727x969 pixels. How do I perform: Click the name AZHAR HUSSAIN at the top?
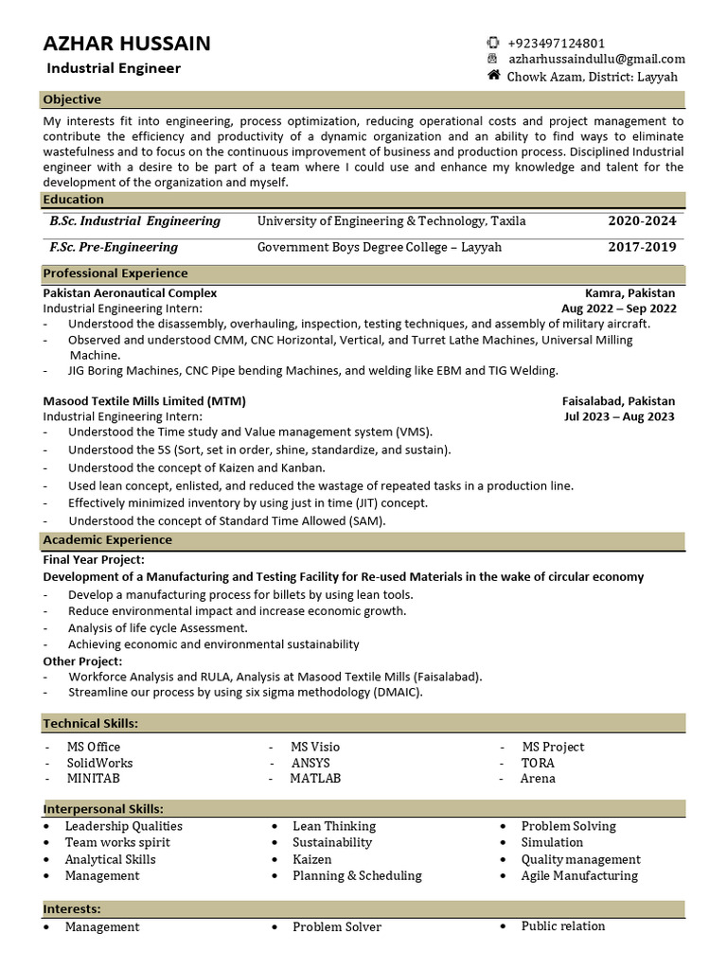(x=127, y=43)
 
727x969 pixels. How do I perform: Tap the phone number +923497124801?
(x=556, y=43)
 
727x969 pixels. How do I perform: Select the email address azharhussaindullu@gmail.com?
(x=595, y=59)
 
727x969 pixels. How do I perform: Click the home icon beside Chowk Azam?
(x=493, y=75)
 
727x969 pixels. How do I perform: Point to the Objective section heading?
(x=72, y=99)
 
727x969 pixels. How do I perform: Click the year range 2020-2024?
(x=642, y=220)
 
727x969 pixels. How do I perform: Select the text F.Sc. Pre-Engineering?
(x=114, y=247)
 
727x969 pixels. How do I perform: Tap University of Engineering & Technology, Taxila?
(x=391, y=220)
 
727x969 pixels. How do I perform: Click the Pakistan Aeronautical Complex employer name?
(x=130, y=293)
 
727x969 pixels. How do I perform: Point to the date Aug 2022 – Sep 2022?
(x=619, y=308)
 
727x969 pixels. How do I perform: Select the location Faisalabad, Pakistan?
(x=618, y=401)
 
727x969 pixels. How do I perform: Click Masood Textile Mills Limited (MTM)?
(x=145, y=401)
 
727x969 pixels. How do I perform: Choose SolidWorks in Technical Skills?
(x=99, y=763)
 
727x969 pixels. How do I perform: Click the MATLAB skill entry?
(x=315, y=778)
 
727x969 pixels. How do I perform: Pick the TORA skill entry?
(x=538, y=763)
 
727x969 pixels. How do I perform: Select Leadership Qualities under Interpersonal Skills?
(x=123, y=826)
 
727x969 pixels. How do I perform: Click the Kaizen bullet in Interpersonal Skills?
(x=311, y=859)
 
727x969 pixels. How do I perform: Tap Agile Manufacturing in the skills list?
(x=578, y=875)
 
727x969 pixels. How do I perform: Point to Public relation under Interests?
(x=562, y=925)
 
